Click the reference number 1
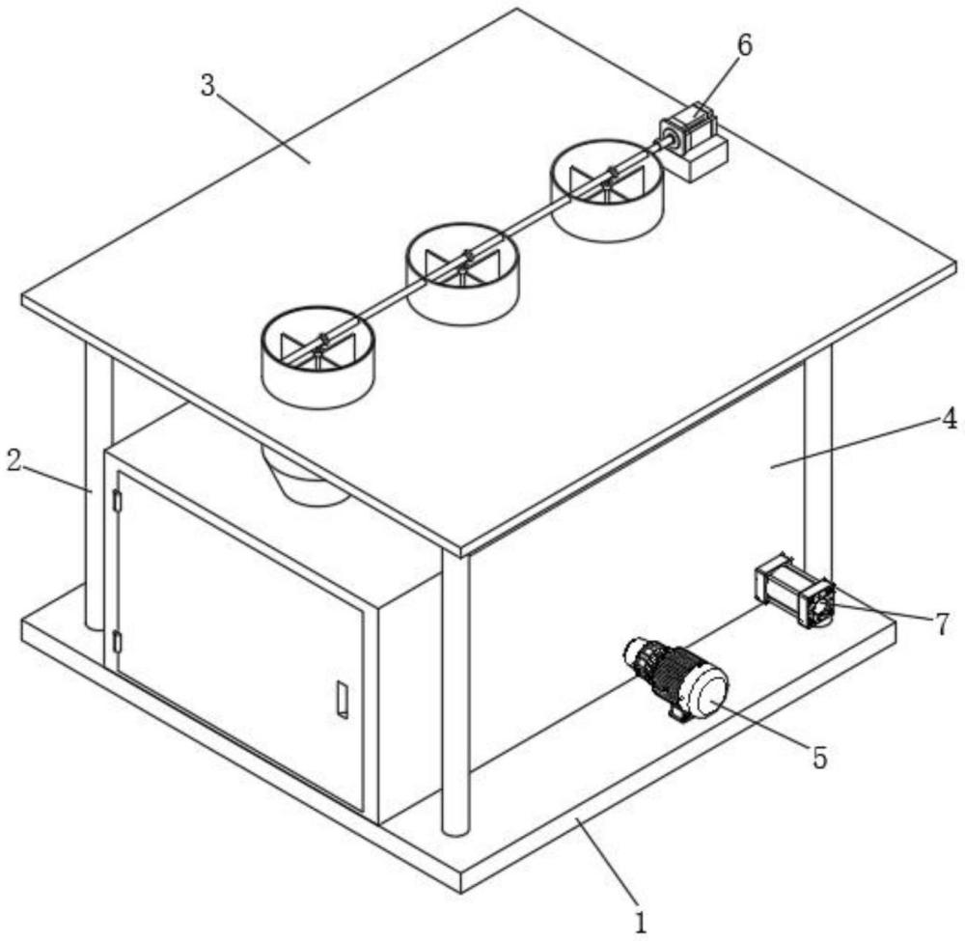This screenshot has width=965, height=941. (x=642, y=923)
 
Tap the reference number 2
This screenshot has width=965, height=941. (x=14, y=460)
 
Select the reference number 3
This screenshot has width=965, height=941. (x=208, y=86)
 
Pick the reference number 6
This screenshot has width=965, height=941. (x=744, y=45)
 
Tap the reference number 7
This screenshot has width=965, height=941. (x=942, y=624)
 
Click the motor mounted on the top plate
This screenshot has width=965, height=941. (x=687, y=130)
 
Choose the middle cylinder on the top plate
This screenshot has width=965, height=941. (x=462, y=273)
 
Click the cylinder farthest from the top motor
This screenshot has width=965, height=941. (x=317, y=357)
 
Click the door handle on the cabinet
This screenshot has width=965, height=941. (x=343, y=699)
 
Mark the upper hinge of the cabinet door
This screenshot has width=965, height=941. (x=118, y=500)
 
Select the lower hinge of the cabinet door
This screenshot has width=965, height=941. (x=118, y=642)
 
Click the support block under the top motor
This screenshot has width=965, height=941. (x=699, y=160)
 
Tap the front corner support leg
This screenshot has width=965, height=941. (x=456, y=692)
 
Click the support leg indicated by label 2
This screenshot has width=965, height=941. (x=98, y=486)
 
